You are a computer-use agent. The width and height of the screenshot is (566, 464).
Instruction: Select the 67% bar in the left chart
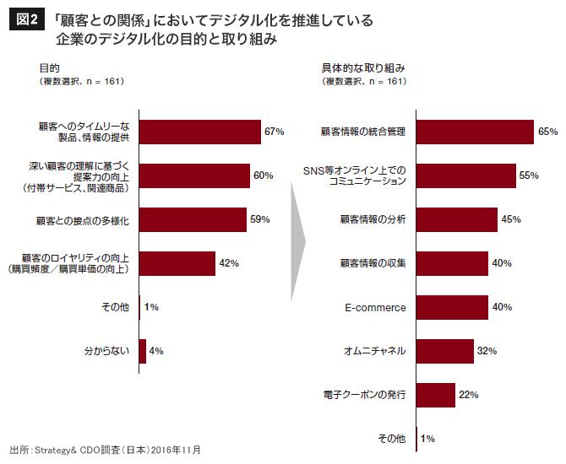pyautogui.click(x=200, y=132)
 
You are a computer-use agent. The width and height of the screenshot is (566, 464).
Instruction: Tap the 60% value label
pyautogui.click(x=263, y=175)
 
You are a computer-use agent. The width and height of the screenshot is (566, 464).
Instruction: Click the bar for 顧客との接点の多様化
pyautogui.click(x=193, y=220)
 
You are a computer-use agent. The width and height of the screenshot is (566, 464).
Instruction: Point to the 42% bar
pyautogui.click(x=177, y=264)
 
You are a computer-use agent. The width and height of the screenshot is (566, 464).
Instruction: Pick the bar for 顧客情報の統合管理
pyautogui.click(x=475, y=132)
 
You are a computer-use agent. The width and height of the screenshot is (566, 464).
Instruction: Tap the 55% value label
pyautogui.click(x=529, y=175)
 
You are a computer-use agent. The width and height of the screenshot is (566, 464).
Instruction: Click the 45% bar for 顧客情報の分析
pyautogui.click(x=457, y=219)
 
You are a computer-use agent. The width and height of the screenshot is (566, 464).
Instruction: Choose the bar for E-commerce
pyautogui.click(x=452, y=307)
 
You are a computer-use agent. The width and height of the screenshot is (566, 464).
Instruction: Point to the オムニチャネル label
pyautogui.click(x=375, y=351)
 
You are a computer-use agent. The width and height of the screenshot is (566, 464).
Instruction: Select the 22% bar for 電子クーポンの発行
pyautogui.click(x=436, y=395)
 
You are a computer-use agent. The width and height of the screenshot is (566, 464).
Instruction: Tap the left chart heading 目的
pyautogui.click(x=49, y=68)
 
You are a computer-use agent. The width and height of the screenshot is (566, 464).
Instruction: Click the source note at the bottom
pyautogui.click(x=106, y=450)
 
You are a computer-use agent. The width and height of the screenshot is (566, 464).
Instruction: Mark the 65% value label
pyautogui.click(x=547, y=132)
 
